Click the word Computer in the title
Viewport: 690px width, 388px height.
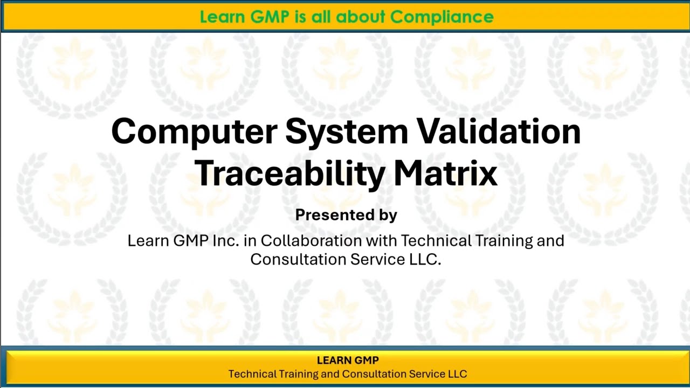[194, 132]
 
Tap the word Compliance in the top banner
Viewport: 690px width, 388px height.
[442, 17]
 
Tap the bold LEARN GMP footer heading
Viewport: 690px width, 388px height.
[348, 361]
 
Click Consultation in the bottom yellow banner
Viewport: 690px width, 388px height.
[374, 374]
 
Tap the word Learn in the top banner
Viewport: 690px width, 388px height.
[223, 17]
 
